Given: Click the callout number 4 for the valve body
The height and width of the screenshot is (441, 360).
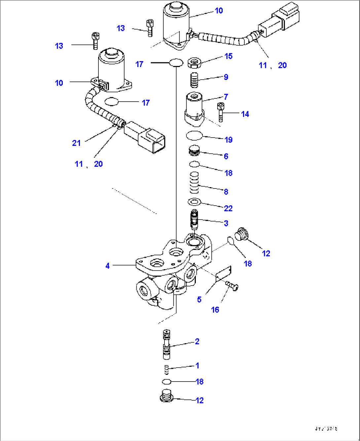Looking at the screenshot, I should (107, 266).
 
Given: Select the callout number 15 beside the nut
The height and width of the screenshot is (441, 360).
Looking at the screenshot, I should (228, 56).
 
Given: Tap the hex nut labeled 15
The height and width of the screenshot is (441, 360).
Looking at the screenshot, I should (194, 62).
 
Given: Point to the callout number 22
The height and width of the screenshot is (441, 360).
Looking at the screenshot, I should (228, 208).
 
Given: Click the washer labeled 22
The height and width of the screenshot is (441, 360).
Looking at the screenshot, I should (195, 201).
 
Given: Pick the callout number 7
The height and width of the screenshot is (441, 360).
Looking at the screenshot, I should (226, 97).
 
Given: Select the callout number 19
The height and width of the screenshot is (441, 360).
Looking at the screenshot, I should (228, 140).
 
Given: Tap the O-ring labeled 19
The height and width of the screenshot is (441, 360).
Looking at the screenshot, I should (194, 135).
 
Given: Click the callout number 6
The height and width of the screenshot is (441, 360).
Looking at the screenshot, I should (226, 156).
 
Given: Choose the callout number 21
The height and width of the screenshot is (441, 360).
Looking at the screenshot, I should (76, 143).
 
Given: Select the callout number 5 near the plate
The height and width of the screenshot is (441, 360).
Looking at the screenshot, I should (199, 299).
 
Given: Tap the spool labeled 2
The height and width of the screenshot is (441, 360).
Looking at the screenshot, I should (167, 344).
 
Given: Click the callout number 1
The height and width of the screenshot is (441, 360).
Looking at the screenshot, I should (197, 365).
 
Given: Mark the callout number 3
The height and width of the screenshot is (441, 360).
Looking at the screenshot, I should (226, 223).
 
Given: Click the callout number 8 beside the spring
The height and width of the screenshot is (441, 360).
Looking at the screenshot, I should (226, 191).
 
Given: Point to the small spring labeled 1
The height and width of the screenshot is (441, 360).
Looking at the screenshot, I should (167, 370).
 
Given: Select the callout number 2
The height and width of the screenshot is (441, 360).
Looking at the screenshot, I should (197, 341).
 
